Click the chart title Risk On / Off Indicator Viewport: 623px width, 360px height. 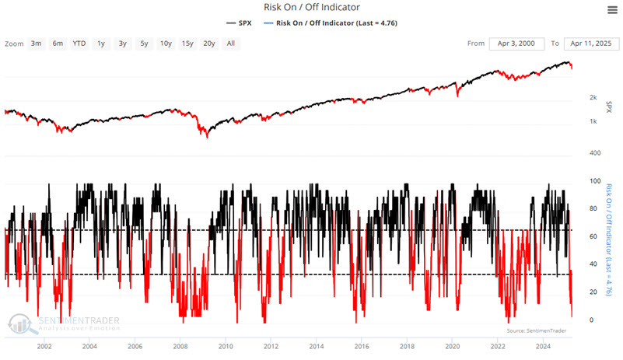pyautogui.click(x=311, y=8)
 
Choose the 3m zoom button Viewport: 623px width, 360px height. pyautogui.click(x=37, y=44)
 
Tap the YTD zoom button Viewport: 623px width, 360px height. pyautogui.click(x=79, y=44)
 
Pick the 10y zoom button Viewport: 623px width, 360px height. pyautogui.click(x=166, y=44)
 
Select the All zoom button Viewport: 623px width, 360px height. pyautogui.click(x=231, y=44)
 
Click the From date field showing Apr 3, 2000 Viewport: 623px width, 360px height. pyautogui.click(x=516, y=44)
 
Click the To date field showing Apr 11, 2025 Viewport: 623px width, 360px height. pyautogui.click(x=586, y=44)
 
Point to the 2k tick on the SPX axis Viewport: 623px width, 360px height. pyautogui.click(x=593, y=97)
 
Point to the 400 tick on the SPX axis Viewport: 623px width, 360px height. pyautogui.click(x=593, y=153)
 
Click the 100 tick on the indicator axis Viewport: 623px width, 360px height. pyautogui.click(x=594, y=181)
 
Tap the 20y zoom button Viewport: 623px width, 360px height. pyautogui.click(x=209, y=44)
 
